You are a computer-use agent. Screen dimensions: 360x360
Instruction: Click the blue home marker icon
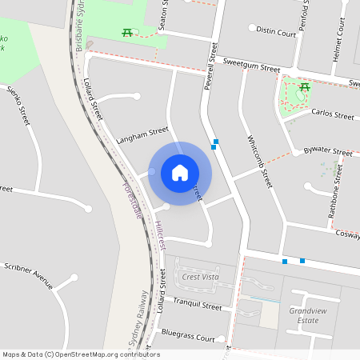[180, 173]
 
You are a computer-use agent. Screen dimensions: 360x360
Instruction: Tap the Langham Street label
[142, 135]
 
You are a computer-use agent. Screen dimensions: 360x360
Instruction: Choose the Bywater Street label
[328, 151]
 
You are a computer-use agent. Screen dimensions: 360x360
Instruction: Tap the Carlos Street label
[332, 115]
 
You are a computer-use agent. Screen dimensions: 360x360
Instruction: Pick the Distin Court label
[276, 31]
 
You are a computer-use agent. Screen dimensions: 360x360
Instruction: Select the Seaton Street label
[166, 14]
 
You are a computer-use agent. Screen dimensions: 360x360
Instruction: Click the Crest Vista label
[200, 277]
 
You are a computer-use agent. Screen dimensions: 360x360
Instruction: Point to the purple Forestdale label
[132, 198]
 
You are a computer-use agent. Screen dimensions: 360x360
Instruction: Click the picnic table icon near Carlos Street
[305, 87]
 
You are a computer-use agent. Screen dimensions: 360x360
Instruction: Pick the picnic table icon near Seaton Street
[126, 32]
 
